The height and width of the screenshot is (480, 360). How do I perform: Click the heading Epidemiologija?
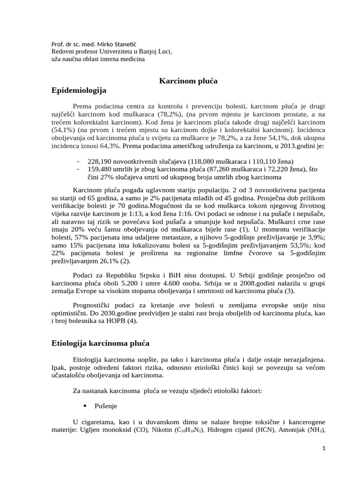click(x=79, y=90)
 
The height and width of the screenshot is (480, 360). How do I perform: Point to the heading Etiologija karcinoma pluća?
click(x=100, y=343)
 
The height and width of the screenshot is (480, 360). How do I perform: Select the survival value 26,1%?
click(x=118, y=261)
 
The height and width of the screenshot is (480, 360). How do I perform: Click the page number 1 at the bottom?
click(x=323, y=461)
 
